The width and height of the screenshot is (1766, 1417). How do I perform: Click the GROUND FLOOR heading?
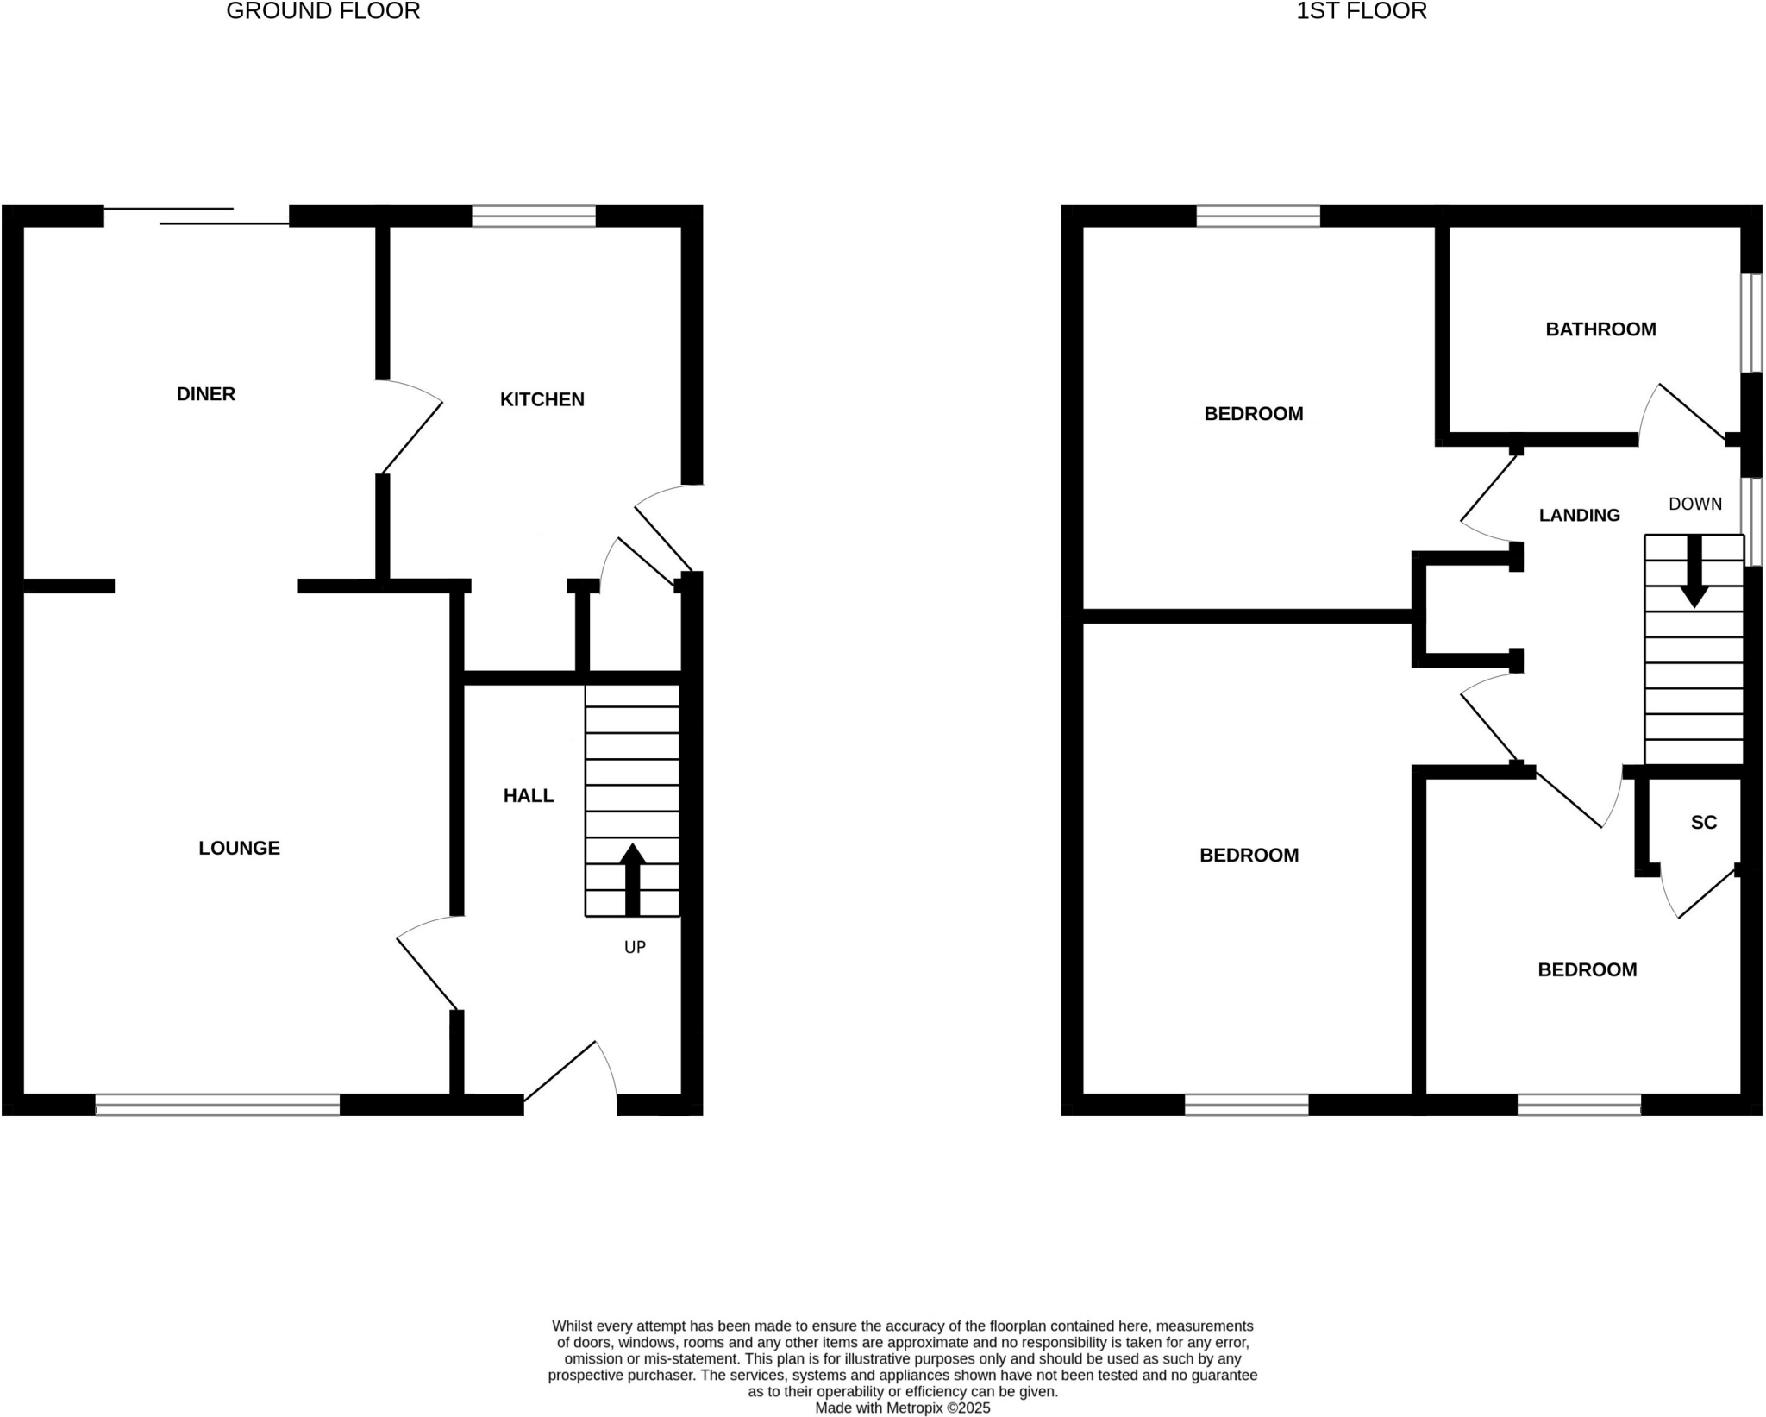[x=323, y=11]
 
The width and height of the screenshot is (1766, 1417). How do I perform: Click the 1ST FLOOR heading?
[x=1361, y=11]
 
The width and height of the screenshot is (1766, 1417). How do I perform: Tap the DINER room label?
[x=205, y=394]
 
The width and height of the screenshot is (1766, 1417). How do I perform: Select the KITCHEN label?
[x=542, y=399]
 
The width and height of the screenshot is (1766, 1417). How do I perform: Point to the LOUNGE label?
[x=239, y=849]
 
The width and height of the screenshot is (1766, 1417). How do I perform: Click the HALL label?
[x=528, y=796]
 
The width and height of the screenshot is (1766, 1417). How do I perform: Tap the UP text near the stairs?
[x=635, y=947]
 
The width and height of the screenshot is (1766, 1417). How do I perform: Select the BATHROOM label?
[x=1600, y=329]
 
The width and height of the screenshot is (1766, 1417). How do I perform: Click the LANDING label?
[x=1579, y=516]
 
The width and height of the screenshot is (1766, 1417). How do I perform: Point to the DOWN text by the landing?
[x=1694, y=505]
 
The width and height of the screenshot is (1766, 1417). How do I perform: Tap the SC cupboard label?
[x=1703, y=823]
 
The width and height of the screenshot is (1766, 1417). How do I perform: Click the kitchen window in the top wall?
[x=534, y=216]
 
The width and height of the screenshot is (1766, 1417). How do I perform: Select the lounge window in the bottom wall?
[x=217, y=1105]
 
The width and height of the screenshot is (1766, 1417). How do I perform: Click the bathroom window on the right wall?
[x=1750, y=323]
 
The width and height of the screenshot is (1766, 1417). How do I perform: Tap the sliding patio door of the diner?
[x=197, y=216]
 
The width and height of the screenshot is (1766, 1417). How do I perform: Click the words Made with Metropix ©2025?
[x=902, y=1408]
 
